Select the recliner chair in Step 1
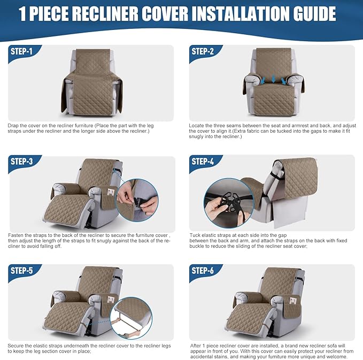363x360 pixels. point(91,80)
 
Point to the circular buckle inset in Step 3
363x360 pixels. point(137,200)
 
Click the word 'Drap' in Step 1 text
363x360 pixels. point(13,125)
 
